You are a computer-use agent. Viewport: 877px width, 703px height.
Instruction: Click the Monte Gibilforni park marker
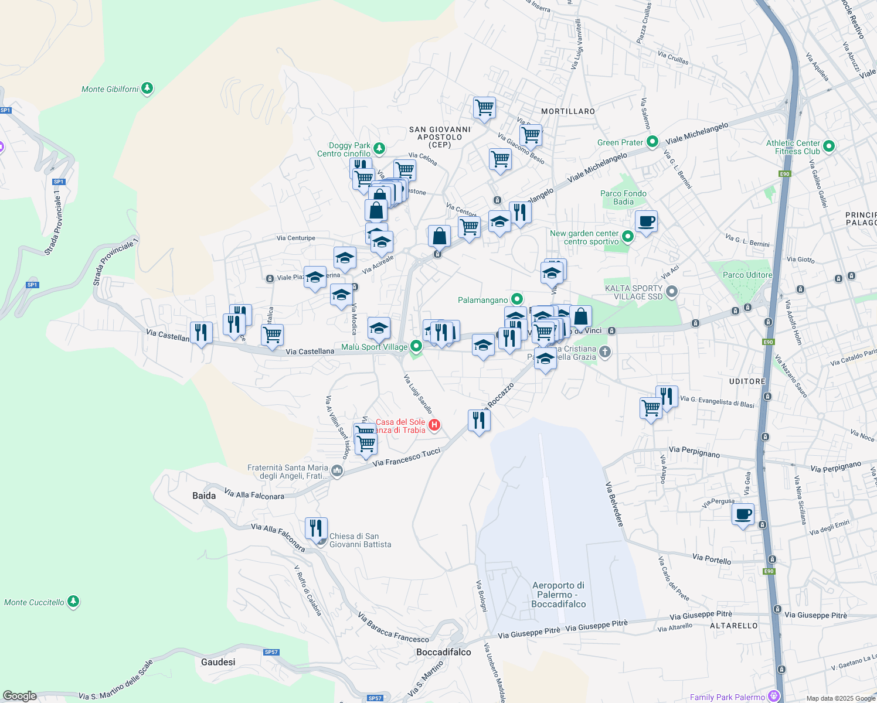(x=147, y=89)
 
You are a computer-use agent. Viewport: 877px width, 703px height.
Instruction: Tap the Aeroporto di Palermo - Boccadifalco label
(x=558, y=594)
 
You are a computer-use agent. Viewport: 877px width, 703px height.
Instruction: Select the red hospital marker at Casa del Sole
(x=434, y=425)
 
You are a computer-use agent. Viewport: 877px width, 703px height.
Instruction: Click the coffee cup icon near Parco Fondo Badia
(x=646, y=221)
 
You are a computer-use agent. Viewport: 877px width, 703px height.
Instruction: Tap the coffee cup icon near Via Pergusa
(x=743, y=515)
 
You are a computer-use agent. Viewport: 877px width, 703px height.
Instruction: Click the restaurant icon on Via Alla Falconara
(x=316, y=528)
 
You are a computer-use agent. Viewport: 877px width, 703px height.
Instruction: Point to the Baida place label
(x=204, y=496)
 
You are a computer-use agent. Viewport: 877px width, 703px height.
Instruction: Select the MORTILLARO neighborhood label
(x=567, y=111)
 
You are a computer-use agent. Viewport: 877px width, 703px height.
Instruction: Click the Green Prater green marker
(x=652, y=142)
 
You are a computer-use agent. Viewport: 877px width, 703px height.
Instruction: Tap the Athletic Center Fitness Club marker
(x=828, y=146)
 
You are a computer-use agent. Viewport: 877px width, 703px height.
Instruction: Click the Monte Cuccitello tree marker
(x=73, y=602)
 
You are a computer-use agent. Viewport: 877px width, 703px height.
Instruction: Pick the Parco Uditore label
(x=747, y=275)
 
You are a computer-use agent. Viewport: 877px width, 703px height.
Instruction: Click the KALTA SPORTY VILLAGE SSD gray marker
(x=672, y=291)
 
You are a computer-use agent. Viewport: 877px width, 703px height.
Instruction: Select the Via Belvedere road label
(x=614, y=504)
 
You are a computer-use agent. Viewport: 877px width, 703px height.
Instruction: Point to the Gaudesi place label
(x=218, y=662)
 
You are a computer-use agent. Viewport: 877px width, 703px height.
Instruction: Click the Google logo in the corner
(x=19, y=696)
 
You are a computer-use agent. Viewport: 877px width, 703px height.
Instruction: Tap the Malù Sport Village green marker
(x=416, y=347)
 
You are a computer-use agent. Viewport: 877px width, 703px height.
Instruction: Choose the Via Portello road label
(x=711, y=559)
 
